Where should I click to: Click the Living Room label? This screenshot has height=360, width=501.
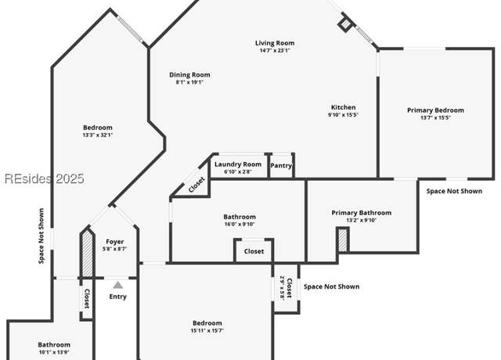click(275, 43)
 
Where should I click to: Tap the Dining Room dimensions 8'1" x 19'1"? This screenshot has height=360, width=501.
click(189, 82)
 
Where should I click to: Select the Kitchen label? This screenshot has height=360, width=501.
click(343, 107)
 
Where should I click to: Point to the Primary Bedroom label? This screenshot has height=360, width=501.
click(435, 110)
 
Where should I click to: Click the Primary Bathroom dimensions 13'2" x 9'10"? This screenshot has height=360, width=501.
click(362, 220)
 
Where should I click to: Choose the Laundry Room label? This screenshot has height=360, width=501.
click(238, 164)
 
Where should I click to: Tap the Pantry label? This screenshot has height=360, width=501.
click(281, 165)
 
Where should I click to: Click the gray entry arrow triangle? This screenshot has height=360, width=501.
click(118, 285)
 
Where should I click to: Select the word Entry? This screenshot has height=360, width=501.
click(118, 297)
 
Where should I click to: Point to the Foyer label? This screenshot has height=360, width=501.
click(115, 242)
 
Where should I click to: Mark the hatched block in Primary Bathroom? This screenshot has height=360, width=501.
click(343, 240)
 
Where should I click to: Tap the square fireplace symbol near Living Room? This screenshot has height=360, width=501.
click(344, 24)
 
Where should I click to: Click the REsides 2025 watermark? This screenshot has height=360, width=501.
click(45, 178)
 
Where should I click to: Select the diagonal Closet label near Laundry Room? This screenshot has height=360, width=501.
click(196, 185)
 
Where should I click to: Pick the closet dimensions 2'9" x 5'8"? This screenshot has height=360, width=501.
click(282, 287)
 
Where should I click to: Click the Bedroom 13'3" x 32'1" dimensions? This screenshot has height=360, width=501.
click(97, 135)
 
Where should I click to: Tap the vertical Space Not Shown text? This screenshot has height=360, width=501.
click(41, 236)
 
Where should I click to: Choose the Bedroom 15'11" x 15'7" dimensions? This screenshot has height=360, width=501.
click(207, 330)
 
